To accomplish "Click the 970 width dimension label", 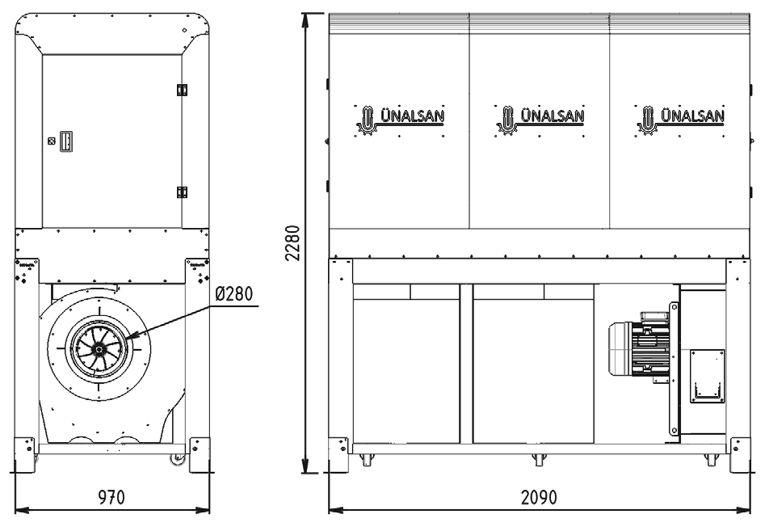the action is [111, 497].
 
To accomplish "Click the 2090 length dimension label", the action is [539, 497].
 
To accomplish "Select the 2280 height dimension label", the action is [292, 242].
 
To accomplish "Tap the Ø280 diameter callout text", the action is [234, 293].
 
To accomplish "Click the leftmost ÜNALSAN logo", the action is [400, 120].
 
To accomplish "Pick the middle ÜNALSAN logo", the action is [540, 120].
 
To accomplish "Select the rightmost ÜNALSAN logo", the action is [680, 120].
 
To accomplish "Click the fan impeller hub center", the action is [99, 349].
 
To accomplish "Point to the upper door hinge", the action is [182, 90].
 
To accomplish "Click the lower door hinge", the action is [182, 192].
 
